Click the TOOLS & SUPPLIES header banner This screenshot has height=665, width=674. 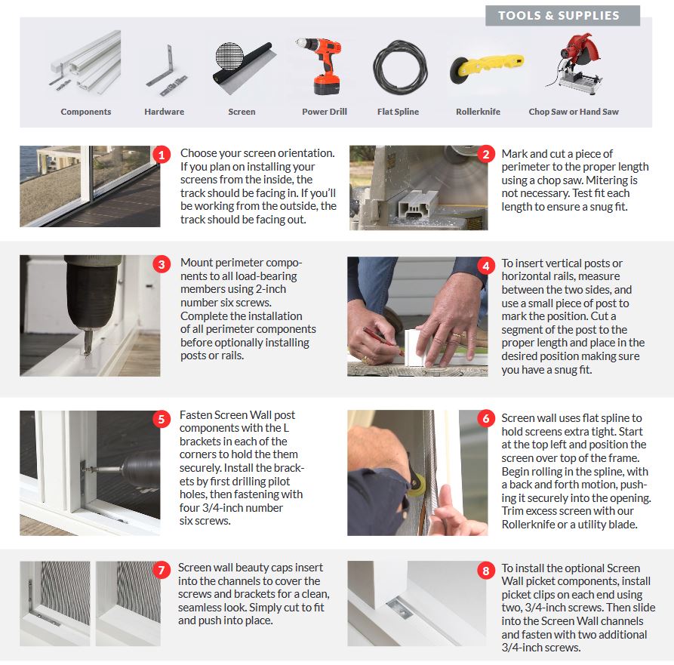point(562,16)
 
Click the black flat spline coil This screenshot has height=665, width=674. point(400,66)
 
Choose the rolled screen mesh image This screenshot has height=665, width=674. point(244,66)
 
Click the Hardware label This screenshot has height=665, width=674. point(165,112)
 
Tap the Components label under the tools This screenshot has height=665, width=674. point(86,112)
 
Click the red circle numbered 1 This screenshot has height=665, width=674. point(162,155)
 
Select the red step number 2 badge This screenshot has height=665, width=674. point(486,154)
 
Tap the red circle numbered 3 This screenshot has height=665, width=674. point(162,264)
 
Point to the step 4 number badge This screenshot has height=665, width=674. point(486,266)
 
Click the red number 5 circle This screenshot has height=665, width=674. point(162,419)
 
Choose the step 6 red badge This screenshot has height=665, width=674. point(486,418)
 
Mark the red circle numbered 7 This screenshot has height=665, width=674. point(162,570)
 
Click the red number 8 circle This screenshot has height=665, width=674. point(486,571)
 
